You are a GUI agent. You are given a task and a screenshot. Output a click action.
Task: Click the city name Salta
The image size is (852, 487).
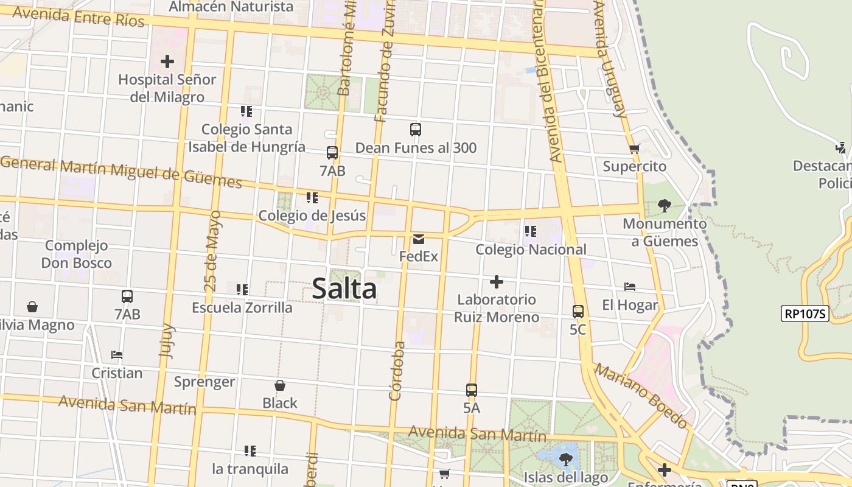(344, 289)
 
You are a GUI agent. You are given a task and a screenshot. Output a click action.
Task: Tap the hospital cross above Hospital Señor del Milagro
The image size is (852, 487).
(167, 61)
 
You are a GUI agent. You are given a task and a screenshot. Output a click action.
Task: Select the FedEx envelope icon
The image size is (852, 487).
(419, 239)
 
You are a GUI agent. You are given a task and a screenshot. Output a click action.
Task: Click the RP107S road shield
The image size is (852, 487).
(805, 314)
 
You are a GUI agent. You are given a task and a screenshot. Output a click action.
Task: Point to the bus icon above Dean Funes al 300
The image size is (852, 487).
(416, 130)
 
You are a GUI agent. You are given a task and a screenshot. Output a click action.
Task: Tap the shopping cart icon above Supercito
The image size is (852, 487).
(635, 149)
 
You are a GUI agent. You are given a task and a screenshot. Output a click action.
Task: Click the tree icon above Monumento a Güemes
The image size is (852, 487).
(665, 206)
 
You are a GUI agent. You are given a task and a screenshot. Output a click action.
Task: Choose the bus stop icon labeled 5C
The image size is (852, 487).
(578, 312)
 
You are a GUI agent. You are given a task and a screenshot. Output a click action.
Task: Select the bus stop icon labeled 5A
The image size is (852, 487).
(472, 390)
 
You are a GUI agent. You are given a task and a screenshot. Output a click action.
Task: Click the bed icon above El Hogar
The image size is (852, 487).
(630, 287)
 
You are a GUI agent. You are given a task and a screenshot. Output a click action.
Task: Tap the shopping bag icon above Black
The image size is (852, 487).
(280, 385)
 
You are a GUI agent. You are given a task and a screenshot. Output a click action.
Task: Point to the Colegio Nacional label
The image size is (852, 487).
(531, 250)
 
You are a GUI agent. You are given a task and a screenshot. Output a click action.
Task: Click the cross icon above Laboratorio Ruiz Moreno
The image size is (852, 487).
(497, 282)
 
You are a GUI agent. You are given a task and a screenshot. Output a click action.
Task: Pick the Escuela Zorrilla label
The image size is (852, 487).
(242, 307)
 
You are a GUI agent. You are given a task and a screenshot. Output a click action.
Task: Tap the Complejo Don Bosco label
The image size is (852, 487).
(77, 254)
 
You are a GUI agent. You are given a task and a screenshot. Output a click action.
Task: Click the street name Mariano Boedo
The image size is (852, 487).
(641, 396)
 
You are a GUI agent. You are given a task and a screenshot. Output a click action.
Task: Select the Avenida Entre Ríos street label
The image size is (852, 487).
(78, 16)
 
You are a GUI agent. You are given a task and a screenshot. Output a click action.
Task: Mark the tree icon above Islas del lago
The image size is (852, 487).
(566, 459)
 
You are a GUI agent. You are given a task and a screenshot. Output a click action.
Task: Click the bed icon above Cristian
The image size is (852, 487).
(117, 355)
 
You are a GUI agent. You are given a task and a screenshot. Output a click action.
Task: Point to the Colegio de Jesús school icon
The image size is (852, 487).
(312, 198)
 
